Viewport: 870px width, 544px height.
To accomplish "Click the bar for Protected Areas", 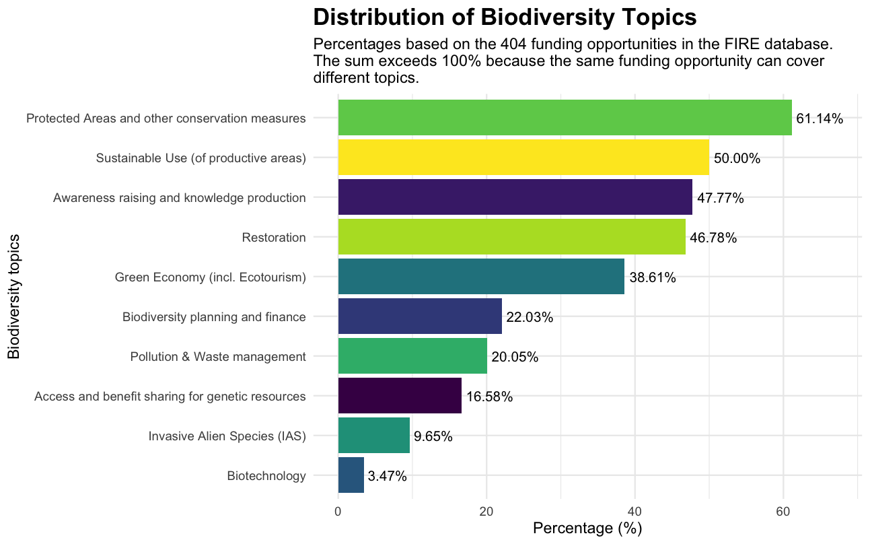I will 565,118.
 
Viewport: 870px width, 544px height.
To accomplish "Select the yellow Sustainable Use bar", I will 523,158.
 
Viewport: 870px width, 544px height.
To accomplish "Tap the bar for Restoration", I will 511,237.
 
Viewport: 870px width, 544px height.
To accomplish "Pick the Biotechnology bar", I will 351,475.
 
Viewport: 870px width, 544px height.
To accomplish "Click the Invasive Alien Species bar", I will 373,436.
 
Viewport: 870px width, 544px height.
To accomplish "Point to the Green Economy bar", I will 480,277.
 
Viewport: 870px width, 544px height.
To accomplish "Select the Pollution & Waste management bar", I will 412,356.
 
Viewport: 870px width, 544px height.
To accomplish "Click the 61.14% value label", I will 819,119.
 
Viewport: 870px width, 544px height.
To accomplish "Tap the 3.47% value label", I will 388,477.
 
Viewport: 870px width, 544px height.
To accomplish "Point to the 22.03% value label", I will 529,317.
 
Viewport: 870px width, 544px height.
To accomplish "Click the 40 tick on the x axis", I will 635,511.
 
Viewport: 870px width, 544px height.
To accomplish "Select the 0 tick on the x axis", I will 338,511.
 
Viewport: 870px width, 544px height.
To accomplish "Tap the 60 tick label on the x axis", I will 783,511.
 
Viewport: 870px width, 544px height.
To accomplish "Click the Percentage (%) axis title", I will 587,529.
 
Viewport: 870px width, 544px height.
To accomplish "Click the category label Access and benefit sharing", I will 170,397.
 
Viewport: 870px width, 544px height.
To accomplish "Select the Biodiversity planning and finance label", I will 214,317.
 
